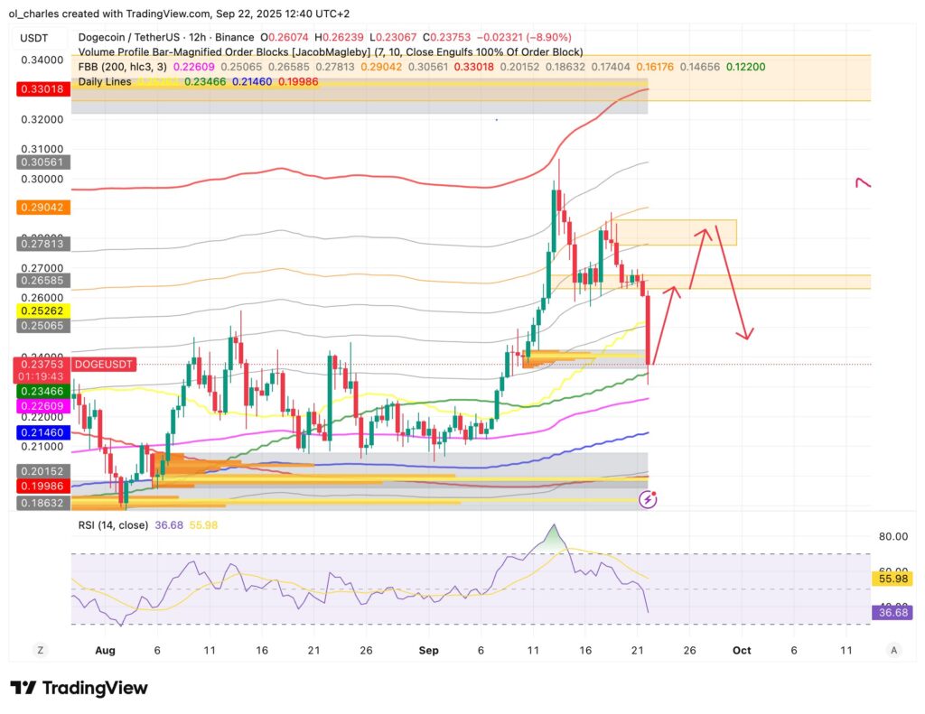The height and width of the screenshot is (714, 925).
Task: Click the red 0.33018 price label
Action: click(x=44, y=89)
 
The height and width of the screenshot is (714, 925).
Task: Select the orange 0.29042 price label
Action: click(x=44, y=207)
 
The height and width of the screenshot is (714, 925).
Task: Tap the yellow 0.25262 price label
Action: click(x=44, y=310)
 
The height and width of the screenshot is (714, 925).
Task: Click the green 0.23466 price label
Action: click(x=44, y=391)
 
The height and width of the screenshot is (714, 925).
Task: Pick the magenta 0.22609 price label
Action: click(x=44, y=406)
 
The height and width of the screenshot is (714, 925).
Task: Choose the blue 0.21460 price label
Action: click(x=44, y=433)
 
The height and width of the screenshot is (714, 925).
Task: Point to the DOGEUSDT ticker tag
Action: click(x=105, y=364)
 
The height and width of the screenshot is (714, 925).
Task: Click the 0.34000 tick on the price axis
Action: click(x=43, y=60)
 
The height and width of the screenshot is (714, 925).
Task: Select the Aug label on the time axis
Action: click(x=106, y=650)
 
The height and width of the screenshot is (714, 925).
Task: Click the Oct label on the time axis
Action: click(x=742, y=650)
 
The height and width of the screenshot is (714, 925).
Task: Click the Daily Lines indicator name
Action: click(x=105, y=81)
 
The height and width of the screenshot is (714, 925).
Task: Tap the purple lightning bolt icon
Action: click(x=648, y=498)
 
